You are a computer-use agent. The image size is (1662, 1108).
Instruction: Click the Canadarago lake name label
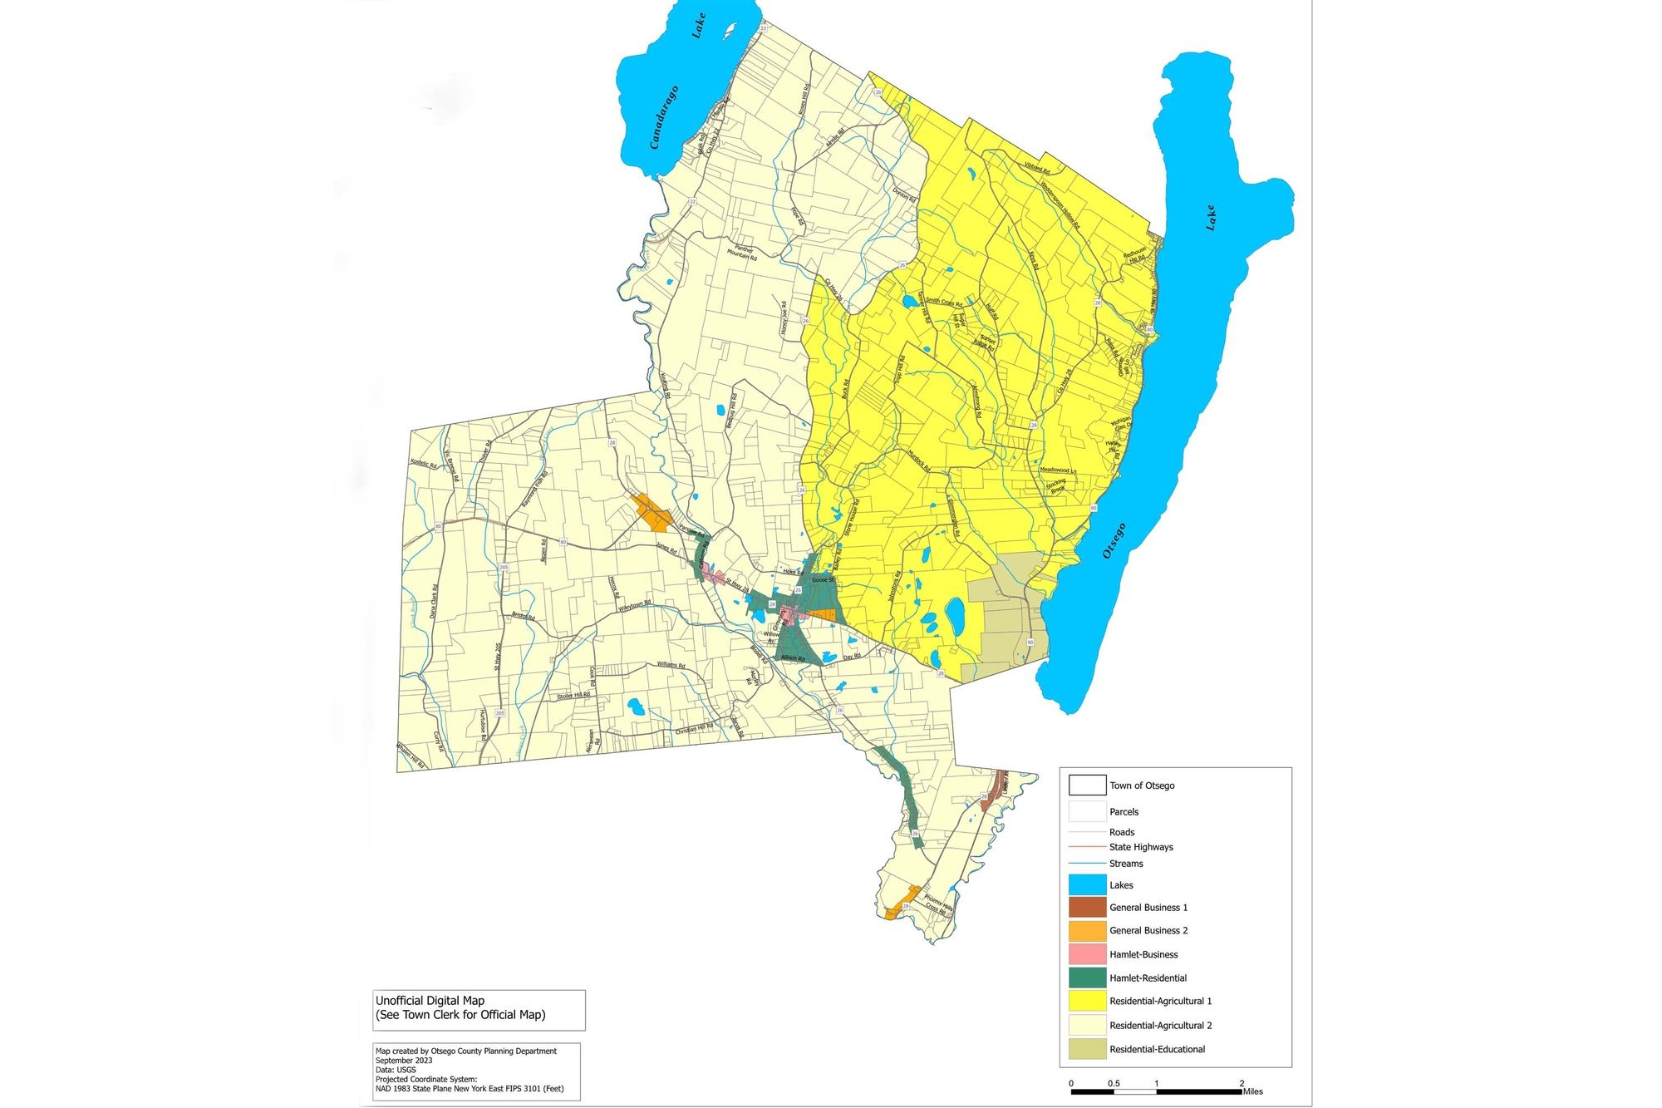click(x=665, y=116)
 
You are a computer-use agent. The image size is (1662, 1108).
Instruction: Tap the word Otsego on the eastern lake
click(x=1114, y=540)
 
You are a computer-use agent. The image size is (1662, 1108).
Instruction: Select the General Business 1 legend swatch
click(x=1087, y=907)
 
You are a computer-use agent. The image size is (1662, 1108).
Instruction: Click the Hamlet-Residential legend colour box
click(x=1087, y=978)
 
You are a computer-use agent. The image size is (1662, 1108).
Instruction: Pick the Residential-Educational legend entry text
click(x=1157, y=1049)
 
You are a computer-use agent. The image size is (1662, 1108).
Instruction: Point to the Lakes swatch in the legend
click(x=1087, y=884)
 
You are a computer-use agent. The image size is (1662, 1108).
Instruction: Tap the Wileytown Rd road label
click(x=634, y=607)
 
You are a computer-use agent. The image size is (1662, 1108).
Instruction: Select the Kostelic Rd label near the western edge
click(x=423, y=464)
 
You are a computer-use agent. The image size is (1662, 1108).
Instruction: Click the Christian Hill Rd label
click(x=694, y=730)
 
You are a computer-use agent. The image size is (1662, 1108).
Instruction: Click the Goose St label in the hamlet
click(x=823, y=579)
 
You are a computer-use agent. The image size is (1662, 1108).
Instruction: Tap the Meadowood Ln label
click(x=1058, y=470)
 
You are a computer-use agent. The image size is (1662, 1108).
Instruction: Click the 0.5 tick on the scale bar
click(x=1114, y=1083)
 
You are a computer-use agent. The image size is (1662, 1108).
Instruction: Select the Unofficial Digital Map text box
click(x=479, y=1008)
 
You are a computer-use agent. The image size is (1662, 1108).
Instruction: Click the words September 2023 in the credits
click(x=404, y=1061)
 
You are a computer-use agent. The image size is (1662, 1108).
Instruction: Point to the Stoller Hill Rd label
click(x=573, y=695)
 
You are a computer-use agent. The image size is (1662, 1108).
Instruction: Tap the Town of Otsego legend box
click(x=1087, y=785)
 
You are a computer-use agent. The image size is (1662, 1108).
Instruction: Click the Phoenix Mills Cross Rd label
click(x=938, y=904)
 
